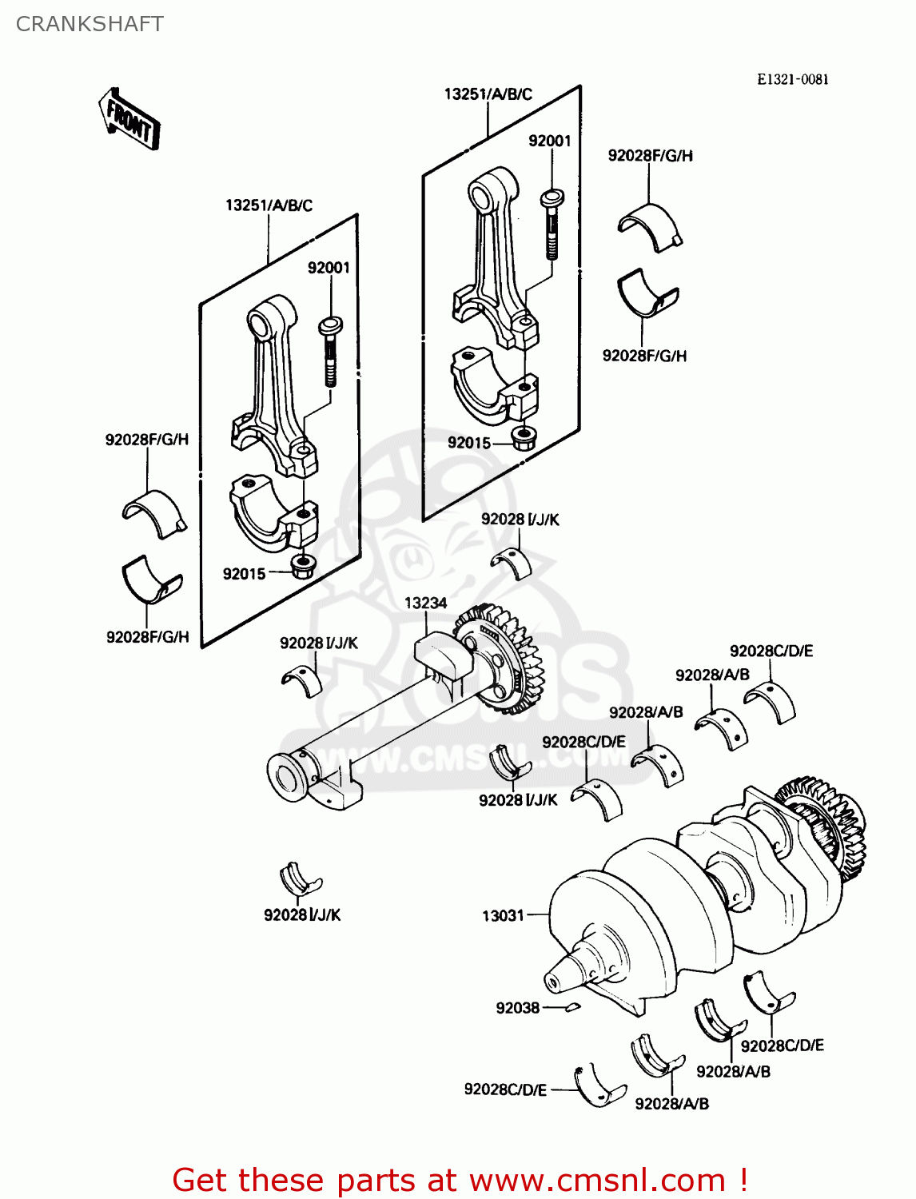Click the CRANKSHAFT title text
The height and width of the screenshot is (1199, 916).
coord(90,24)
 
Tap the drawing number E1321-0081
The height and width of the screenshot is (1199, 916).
coord(792,79)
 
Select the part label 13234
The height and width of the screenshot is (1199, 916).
coord(425,603)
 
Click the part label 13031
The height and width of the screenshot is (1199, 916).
coord(503,915)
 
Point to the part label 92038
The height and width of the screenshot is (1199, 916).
coord(517,1008)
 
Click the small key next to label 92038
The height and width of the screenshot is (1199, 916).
coord(572,1007)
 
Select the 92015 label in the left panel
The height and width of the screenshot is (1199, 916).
coord(244,573)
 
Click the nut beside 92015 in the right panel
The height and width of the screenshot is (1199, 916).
coord(524,439)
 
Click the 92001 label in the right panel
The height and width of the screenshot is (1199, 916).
coord(549,141)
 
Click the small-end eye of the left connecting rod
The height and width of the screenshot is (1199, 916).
coord(261,324)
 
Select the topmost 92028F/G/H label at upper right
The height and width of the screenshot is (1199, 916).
coord(650,155)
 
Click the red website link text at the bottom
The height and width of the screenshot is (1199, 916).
coord(460,1180)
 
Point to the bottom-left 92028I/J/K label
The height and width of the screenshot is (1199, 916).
coord(302,914)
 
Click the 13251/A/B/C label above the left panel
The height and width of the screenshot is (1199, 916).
coord(269,205)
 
